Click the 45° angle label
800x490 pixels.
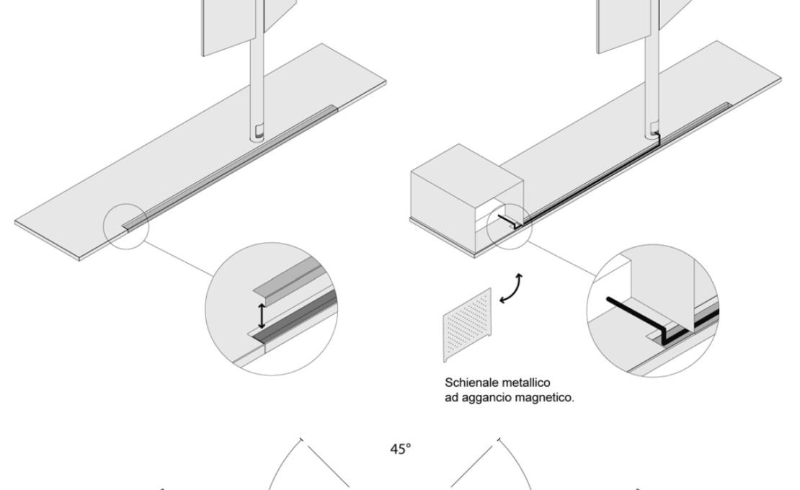[401, 448]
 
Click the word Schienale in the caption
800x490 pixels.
[468, 382]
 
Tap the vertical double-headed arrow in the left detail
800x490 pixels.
[262, 315]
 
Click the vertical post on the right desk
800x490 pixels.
[653, 79]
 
